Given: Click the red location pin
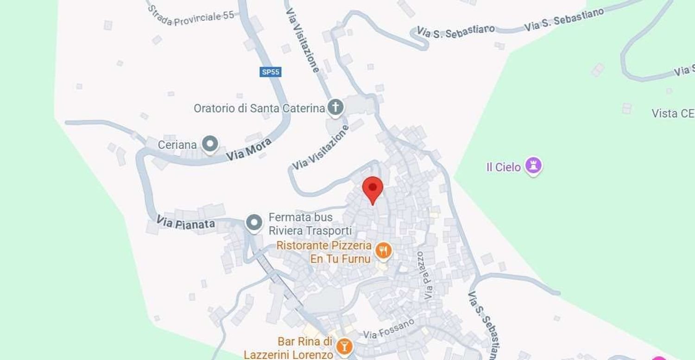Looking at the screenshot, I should tap(373, 188).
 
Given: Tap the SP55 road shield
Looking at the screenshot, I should tap(271, 72).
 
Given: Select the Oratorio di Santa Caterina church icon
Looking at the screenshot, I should tap(335, 107).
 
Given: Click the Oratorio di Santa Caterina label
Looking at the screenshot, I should tap(259, 108).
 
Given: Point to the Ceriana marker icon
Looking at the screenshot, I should tap(211, 144).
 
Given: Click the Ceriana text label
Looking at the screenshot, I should tap(177, 145).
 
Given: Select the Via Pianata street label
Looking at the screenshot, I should tap(185, 222).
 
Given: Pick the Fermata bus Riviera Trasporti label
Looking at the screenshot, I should tap(310, 224).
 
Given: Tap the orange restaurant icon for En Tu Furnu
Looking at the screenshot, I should tap(383, 251).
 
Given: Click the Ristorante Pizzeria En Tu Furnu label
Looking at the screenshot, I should tap(324, 252).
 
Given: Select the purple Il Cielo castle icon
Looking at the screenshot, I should tap(533, 165).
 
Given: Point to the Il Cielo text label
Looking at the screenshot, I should tap(504, 167).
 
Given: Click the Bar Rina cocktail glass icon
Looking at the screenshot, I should tap(344, 346).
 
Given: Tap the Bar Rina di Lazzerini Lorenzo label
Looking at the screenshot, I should tap(305, 348).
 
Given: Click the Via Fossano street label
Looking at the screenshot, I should tap(389, 328).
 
